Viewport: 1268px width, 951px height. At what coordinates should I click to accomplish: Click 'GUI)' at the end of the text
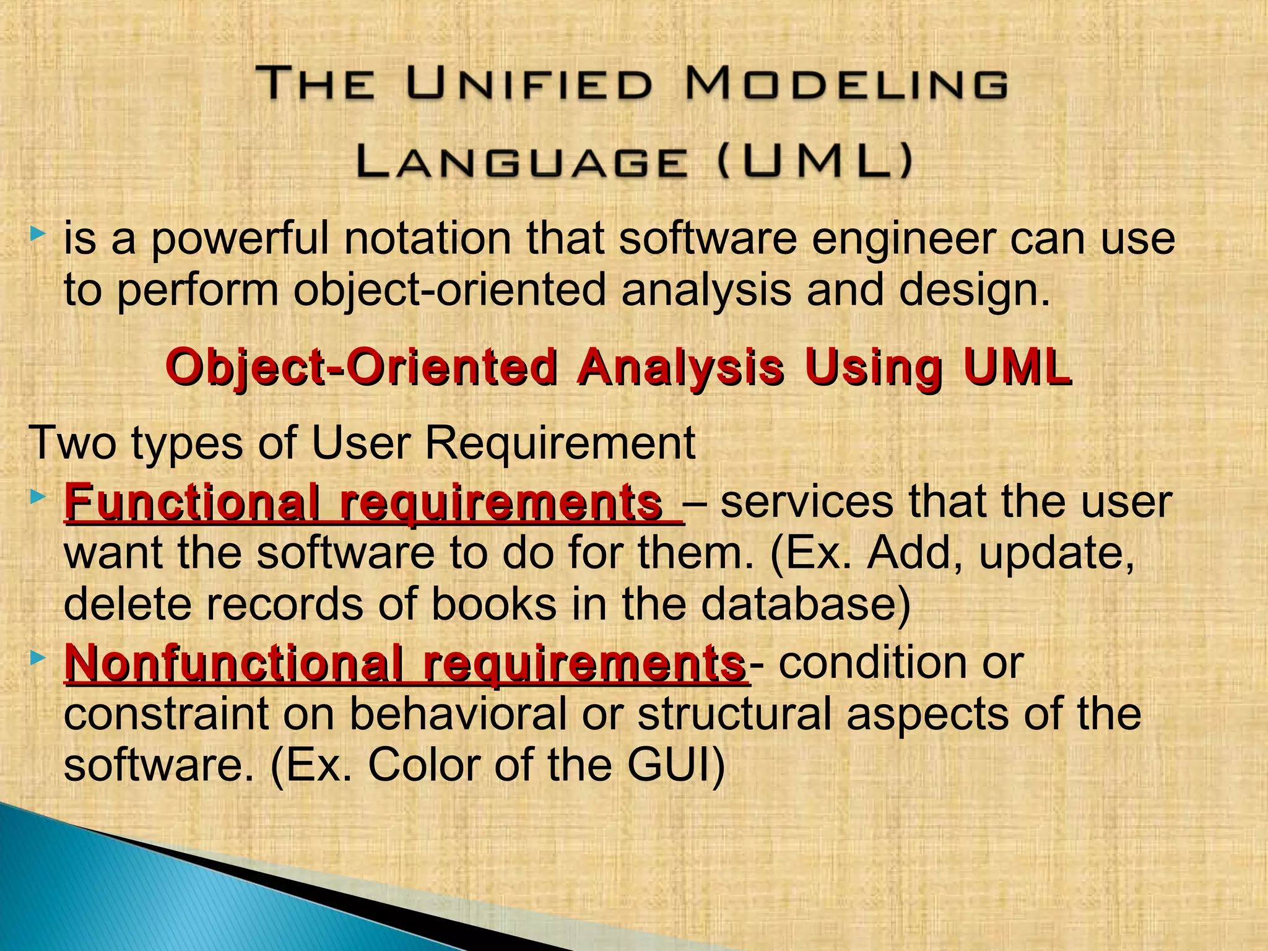[676, 765]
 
